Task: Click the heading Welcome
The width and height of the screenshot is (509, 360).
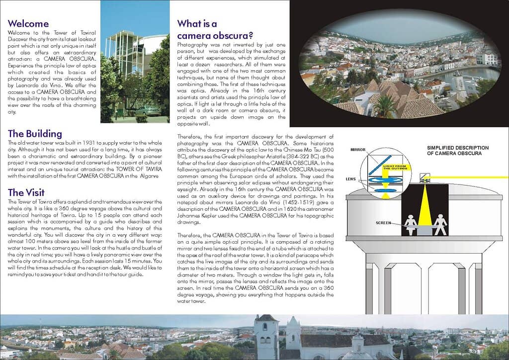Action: point(28,23)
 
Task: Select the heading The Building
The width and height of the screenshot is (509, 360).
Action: point(35,134)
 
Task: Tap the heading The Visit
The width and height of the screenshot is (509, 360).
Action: point(26,192)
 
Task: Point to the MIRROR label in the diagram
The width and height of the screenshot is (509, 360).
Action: point(358,149)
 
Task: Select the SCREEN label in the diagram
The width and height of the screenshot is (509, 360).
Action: point(383,223)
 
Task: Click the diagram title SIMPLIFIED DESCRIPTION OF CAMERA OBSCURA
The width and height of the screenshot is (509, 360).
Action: point(458,151)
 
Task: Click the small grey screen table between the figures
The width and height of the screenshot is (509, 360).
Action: point(425,230)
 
